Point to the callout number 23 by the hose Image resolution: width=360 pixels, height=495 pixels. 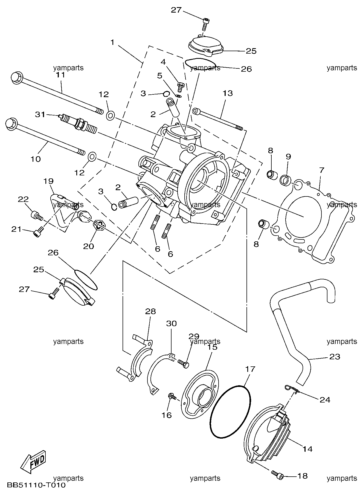[335, 357]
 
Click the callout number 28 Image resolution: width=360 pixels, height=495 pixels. [150, 311]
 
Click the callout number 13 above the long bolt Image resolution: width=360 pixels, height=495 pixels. [228, 93]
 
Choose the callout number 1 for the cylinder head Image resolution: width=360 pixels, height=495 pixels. [112, 42]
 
